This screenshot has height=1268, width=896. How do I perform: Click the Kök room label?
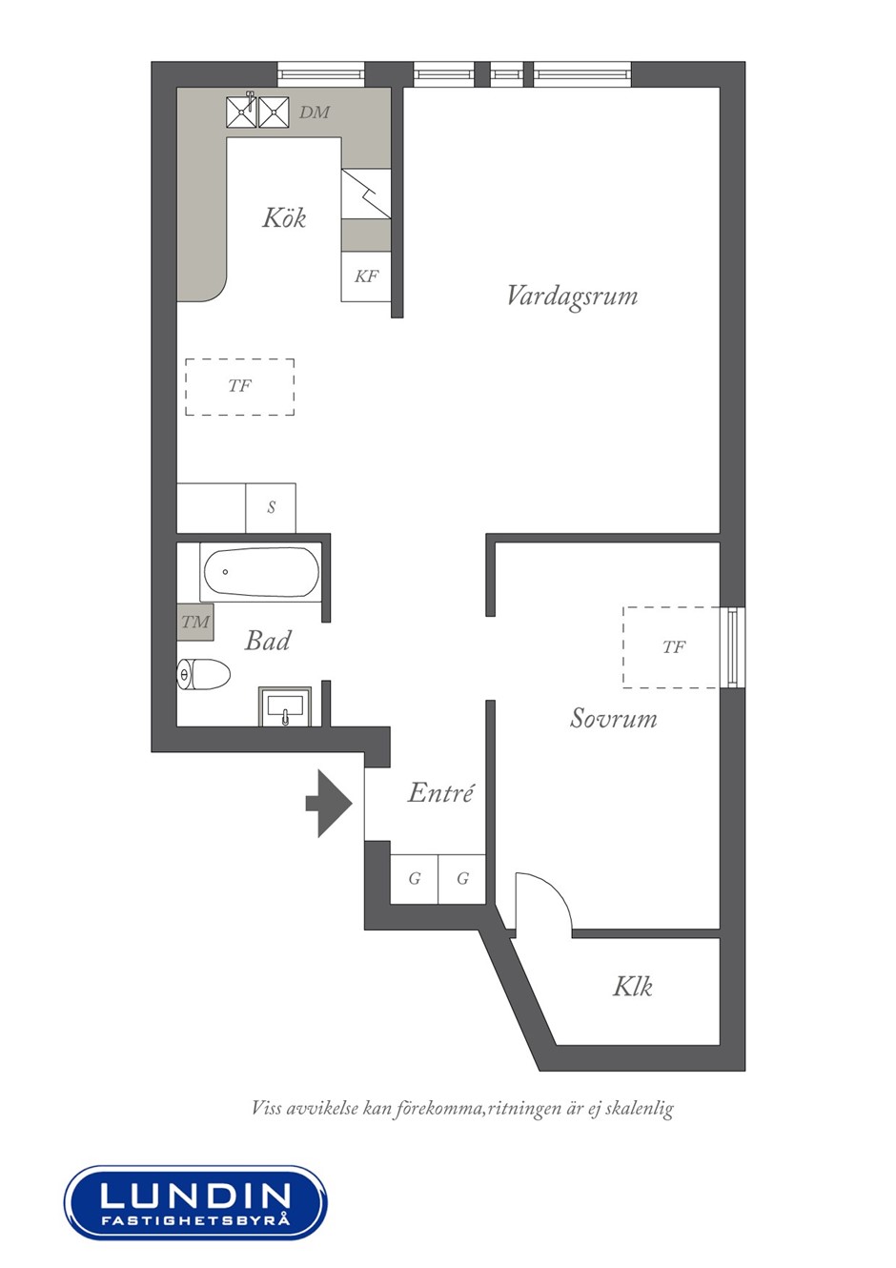(x=284, y=218)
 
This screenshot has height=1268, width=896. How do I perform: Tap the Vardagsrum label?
(x=572, y=297)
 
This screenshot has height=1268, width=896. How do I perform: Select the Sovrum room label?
(x=614, y=718)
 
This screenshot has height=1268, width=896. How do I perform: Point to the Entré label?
(x=440, y=792)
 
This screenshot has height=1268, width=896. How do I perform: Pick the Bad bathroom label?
(x=268, y=641)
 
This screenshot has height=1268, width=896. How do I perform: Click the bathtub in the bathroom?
(x=260, y=572)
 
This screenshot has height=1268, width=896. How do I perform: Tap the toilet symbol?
(x=204, y=674)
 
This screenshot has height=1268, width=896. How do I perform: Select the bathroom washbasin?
(x=285, y=706)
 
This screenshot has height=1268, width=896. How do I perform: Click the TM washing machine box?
(x=195, y=623)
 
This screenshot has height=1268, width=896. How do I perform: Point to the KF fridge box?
(x=366, y=276)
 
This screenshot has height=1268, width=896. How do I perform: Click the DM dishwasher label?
(x=315, y=112)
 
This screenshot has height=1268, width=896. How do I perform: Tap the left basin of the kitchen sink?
(x=242, y=112)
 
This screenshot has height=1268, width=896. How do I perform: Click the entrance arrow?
(x=330, y=804)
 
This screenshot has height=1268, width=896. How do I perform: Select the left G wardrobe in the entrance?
(x=415, y=879)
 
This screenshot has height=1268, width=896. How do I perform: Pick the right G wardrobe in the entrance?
(x=462, y=879)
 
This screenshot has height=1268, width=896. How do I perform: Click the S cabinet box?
(x=271, y=508)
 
